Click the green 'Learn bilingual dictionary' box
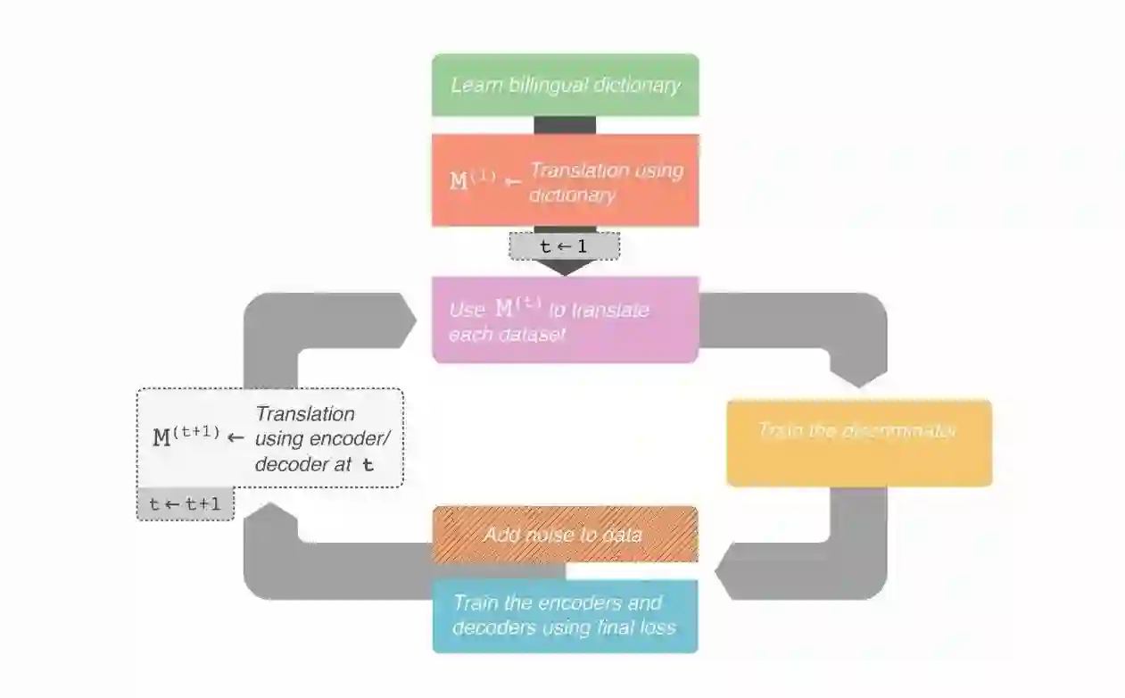point(565,85)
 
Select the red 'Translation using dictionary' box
point(565,181)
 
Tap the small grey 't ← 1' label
point(564,246)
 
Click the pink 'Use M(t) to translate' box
point(565,320)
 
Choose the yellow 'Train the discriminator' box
point(858,443)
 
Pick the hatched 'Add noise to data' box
point(565,535)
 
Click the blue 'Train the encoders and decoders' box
point(565,616)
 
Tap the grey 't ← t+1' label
point(185,504)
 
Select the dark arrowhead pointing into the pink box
point(564,268)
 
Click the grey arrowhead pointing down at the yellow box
point(858,375)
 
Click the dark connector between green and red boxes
point(565,125)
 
